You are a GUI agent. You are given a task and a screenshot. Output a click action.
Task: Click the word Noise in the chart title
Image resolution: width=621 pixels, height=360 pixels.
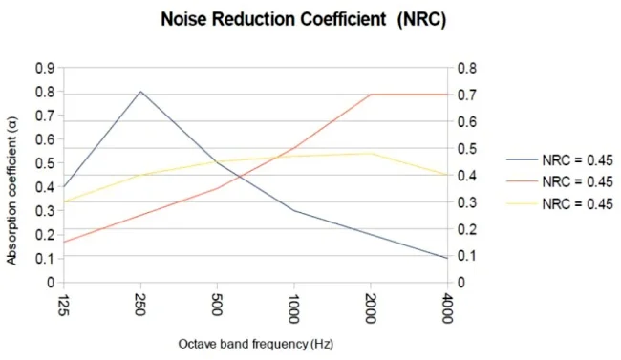click(183, 19)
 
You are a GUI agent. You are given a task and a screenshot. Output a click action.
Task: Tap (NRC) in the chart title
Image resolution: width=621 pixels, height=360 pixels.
click(421, 19)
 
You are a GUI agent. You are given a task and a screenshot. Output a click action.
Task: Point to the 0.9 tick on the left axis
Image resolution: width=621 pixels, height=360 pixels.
click(45, 68)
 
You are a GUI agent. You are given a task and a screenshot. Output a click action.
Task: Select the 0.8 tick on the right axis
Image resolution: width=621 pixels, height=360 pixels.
click(467, 68)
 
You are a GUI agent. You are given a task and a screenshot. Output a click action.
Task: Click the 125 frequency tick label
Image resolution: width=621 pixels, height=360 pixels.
click(63, 305)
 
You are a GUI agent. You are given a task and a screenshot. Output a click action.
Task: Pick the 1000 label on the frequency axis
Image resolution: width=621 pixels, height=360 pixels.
click(293, 308)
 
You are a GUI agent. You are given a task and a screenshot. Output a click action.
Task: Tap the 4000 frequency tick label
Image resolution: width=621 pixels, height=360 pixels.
click(447, 308)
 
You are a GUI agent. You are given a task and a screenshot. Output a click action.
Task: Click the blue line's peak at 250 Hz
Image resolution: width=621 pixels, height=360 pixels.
click(140, 92)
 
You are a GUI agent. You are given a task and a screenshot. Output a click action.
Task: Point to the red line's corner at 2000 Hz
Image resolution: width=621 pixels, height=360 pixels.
click(371, 95)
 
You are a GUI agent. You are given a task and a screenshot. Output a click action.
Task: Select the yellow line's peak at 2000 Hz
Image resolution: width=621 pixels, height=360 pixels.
click(371, 154)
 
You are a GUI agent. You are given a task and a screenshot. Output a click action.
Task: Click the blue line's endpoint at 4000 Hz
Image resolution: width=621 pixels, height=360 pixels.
click(447, 258)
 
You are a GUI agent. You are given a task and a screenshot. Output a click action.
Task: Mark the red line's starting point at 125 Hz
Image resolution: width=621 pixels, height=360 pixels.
click(64, 242)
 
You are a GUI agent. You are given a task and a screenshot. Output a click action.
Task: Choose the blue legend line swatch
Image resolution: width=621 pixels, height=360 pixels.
click(523, 160)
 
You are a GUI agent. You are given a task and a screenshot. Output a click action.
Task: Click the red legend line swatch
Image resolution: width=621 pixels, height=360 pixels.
click(523, 181)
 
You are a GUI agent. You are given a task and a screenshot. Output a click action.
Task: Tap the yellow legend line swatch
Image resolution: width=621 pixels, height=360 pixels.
click(523, 204)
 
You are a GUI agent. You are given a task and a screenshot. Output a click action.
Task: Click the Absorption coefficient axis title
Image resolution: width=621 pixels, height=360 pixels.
click(11, 191)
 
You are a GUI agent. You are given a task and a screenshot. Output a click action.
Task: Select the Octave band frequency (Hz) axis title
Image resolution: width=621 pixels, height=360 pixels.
click(256, 344)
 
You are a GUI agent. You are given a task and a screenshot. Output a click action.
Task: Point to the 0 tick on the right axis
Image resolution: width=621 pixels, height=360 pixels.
click(461, 283)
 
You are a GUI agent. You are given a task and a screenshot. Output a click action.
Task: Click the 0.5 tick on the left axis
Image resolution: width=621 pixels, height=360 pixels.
click(45, 163)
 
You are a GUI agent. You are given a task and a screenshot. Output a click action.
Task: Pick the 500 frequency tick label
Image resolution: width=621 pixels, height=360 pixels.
click(217, 305)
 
